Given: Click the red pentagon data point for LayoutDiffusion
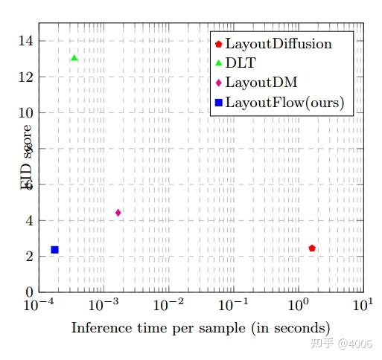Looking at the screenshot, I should (312, 248).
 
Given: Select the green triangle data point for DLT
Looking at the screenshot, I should (74, 58).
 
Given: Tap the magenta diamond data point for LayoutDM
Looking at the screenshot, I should (118, 213).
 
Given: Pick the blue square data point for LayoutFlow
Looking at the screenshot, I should (54, 250).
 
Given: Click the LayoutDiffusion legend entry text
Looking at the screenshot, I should (278, 44).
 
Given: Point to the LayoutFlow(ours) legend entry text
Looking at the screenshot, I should (284, 103).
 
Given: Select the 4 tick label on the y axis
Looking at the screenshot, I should (29, 221).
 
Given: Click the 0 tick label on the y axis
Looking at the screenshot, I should (29, 292).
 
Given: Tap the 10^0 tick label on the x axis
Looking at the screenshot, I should (300, 306).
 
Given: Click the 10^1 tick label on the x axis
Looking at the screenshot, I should (363, 306).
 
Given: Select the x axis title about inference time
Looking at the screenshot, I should (200, 328).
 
